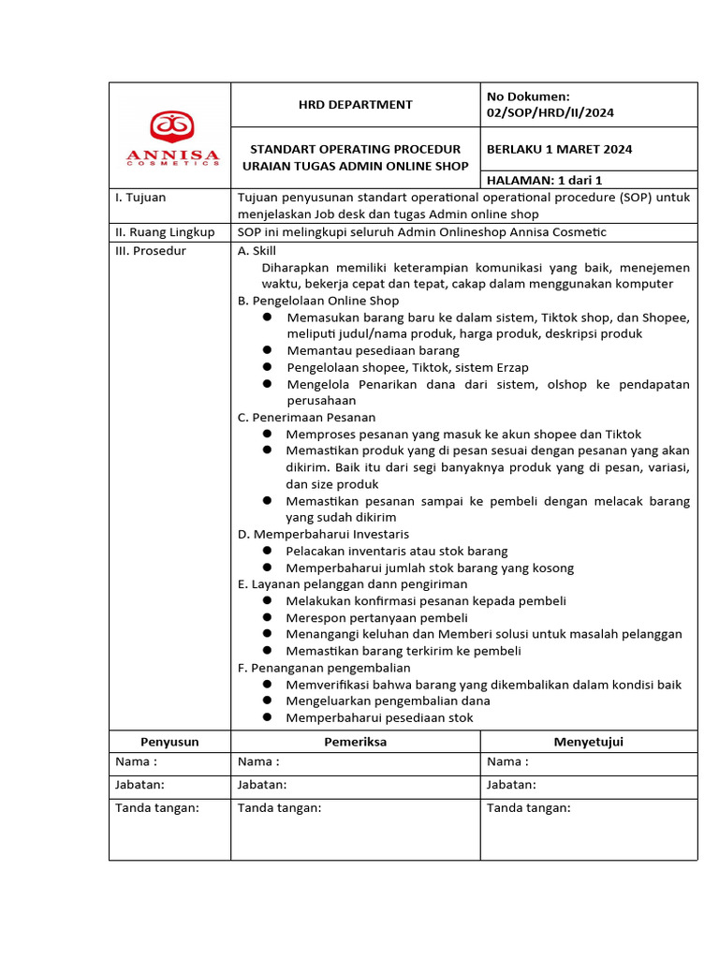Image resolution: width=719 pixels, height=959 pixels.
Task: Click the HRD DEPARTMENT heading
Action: click(355, 105)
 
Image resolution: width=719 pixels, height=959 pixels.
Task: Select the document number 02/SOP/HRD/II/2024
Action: click(550, 113)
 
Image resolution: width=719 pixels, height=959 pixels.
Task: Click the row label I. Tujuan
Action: click(139, 198)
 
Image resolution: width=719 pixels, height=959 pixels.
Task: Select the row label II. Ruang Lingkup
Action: click(164, 232)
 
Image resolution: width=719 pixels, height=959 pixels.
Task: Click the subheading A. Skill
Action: click(258, 251)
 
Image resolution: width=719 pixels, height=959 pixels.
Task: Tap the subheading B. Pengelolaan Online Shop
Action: click(318, 301)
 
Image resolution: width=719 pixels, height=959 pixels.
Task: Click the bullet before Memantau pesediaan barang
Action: click(267, 350)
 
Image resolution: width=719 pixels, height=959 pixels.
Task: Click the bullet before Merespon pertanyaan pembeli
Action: click(267, 617)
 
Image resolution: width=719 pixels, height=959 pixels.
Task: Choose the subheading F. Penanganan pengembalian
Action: click(324, 668)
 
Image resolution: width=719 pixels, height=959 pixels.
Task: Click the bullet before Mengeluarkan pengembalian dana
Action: click(267, 701)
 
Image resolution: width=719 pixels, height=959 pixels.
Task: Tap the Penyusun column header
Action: click(169, 742)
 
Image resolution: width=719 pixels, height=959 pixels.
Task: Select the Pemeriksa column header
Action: click(355, 742)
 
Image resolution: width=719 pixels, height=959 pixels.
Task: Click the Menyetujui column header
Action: click(588, 742)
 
